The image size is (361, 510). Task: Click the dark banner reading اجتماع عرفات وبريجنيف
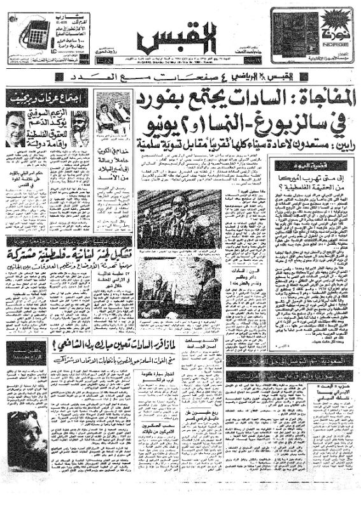tap(46, 97)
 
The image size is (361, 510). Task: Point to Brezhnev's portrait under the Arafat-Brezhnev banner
tap(16, 127)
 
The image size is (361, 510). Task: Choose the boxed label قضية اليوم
tap(293, 165)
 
